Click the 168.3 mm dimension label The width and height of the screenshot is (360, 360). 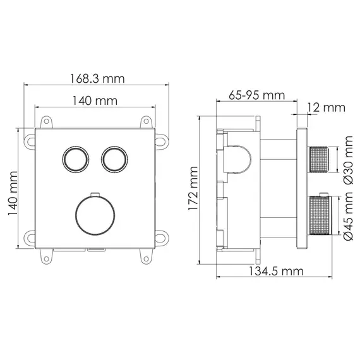97,79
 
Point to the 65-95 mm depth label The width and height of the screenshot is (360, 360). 256,95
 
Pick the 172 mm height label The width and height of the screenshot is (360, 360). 193,189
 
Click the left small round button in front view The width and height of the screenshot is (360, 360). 75,158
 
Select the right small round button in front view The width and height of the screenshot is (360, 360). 113,158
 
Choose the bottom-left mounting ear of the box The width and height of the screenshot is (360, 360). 46,255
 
